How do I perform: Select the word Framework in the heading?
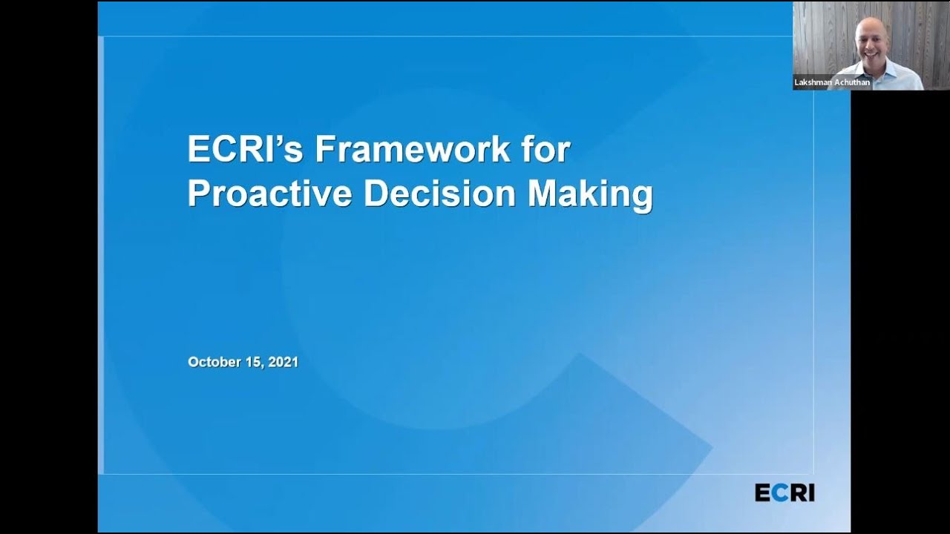[x=413, y=151]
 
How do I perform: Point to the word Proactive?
[x=269, y=194]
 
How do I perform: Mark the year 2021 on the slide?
[x=284, y=362]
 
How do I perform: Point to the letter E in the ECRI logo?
[x=762, y=492]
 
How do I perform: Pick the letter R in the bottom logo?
[x=794, y=492]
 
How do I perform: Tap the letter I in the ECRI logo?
[x=810, y=492]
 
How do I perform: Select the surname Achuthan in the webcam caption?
[x=852, y=83]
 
